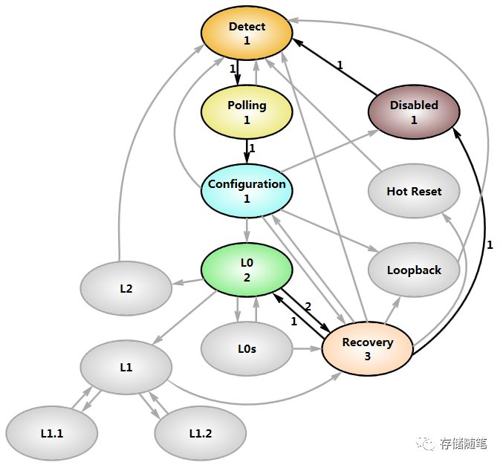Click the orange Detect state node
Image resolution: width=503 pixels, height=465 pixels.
tap(247, 33)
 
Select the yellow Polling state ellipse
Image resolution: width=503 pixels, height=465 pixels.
tap(247, 112)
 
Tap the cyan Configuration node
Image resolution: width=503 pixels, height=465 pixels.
tap(247, 191)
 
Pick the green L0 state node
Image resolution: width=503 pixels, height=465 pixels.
tap(247, 270)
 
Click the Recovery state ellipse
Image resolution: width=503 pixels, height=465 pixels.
tap(368, 348)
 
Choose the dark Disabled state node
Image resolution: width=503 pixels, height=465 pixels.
tap(414, 112)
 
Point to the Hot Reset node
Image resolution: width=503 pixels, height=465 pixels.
tap(414, 191)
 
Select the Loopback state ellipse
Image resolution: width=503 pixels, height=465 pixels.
tap(414, 270)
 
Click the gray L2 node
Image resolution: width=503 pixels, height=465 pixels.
tap(126, 288)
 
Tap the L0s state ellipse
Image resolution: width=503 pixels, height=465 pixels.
tap(247, 348)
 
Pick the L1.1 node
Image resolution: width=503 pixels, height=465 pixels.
tap(52, 433)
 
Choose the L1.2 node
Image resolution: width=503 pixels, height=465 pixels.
tap(201, 433)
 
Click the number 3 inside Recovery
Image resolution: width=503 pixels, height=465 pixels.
tap(368, 357)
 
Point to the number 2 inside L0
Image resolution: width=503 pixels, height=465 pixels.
tap(247, 277)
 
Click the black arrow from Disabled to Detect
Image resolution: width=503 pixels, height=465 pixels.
tap(335, 67)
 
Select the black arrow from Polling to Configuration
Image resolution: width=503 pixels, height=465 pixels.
tap(247, 152)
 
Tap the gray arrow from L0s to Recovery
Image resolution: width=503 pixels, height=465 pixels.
tap(308, 348)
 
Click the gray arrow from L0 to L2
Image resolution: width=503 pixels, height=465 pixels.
tap(188, 282)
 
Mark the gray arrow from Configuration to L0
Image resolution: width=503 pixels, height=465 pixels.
tap(247, 230)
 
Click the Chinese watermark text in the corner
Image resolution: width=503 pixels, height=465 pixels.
tap(452, 443)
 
